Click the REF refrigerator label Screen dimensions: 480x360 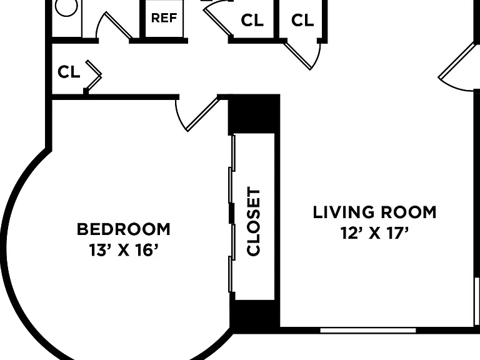164,17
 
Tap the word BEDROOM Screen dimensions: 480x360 123,229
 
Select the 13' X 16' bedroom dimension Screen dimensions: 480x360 124,250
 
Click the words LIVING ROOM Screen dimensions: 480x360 374,212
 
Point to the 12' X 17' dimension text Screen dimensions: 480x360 375,233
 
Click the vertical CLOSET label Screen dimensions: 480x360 254,222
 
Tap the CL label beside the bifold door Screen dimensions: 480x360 69,72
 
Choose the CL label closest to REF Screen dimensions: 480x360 252,20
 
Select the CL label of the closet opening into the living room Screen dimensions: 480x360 302,20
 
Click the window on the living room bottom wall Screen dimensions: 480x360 368,330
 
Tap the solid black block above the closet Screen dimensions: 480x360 254,114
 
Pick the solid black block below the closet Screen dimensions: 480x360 254,313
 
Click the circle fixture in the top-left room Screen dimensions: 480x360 66,7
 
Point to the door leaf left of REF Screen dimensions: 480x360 119,26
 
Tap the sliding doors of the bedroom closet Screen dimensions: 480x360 232,213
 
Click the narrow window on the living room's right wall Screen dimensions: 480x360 477,301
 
